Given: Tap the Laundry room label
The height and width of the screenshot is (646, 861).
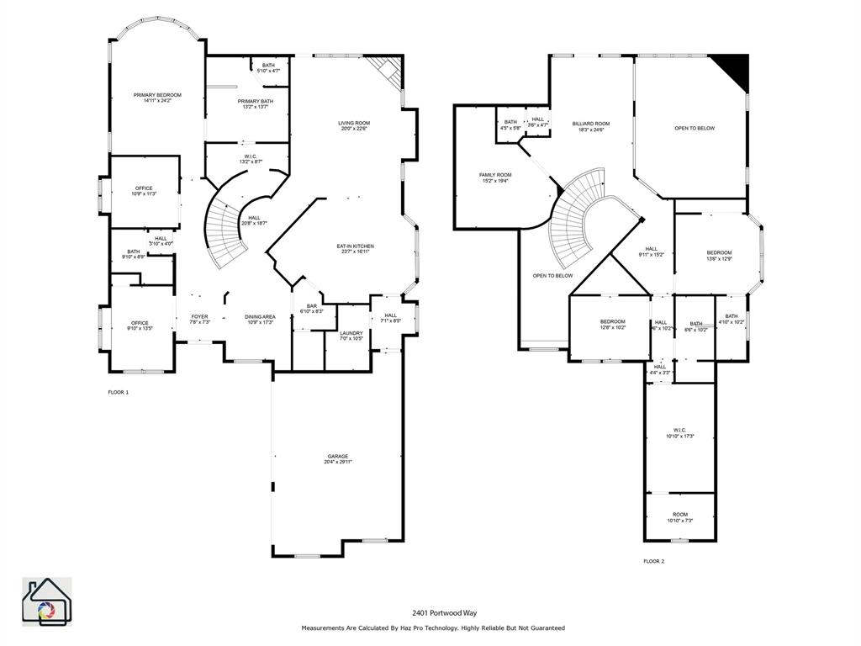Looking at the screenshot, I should tap(351, 336).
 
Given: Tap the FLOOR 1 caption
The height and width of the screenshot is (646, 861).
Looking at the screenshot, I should tap(118, 393).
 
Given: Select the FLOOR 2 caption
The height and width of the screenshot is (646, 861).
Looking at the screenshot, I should tap(653, 561).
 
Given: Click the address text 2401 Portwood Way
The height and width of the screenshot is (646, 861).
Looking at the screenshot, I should tap(433, 614).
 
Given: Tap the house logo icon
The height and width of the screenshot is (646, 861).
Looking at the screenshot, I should tap(46, 601).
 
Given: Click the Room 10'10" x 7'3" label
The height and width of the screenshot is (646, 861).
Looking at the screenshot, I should tap(679, 517).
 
